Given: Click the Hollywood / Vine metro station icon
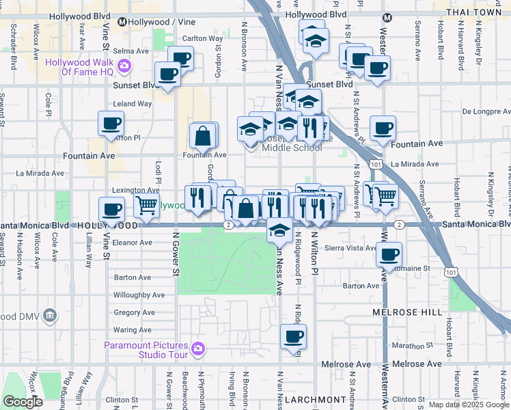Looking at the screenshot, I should tap(122, 22).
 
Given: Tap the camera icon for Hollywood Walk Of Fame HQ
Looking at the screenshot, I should tap(124, 66).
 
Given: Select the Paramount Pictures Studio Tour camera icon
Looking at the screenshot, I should tap(198, 348).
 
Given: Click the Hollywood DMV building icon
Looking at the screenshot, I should tap(49, 315).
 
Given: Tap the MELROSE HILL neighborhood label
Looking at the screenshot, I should tap(402, 312).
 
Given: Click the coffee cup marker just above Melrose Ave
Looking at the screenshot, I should tap(293, 336).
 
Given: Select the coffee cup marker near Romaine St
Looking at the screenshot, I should tap(389, 255).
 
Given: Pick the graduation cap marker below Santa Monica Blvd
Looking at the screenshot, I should tap(279, 230).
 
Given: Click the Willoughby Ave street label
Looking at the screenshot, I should tap(139, 295).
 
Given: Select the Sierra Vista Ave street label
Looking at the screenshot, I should tap(350, 248).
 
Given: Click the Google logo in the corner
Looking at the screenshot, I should tap(23, 402).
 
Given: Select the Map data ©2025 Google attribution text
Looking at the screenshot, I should tap(469, 405).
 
